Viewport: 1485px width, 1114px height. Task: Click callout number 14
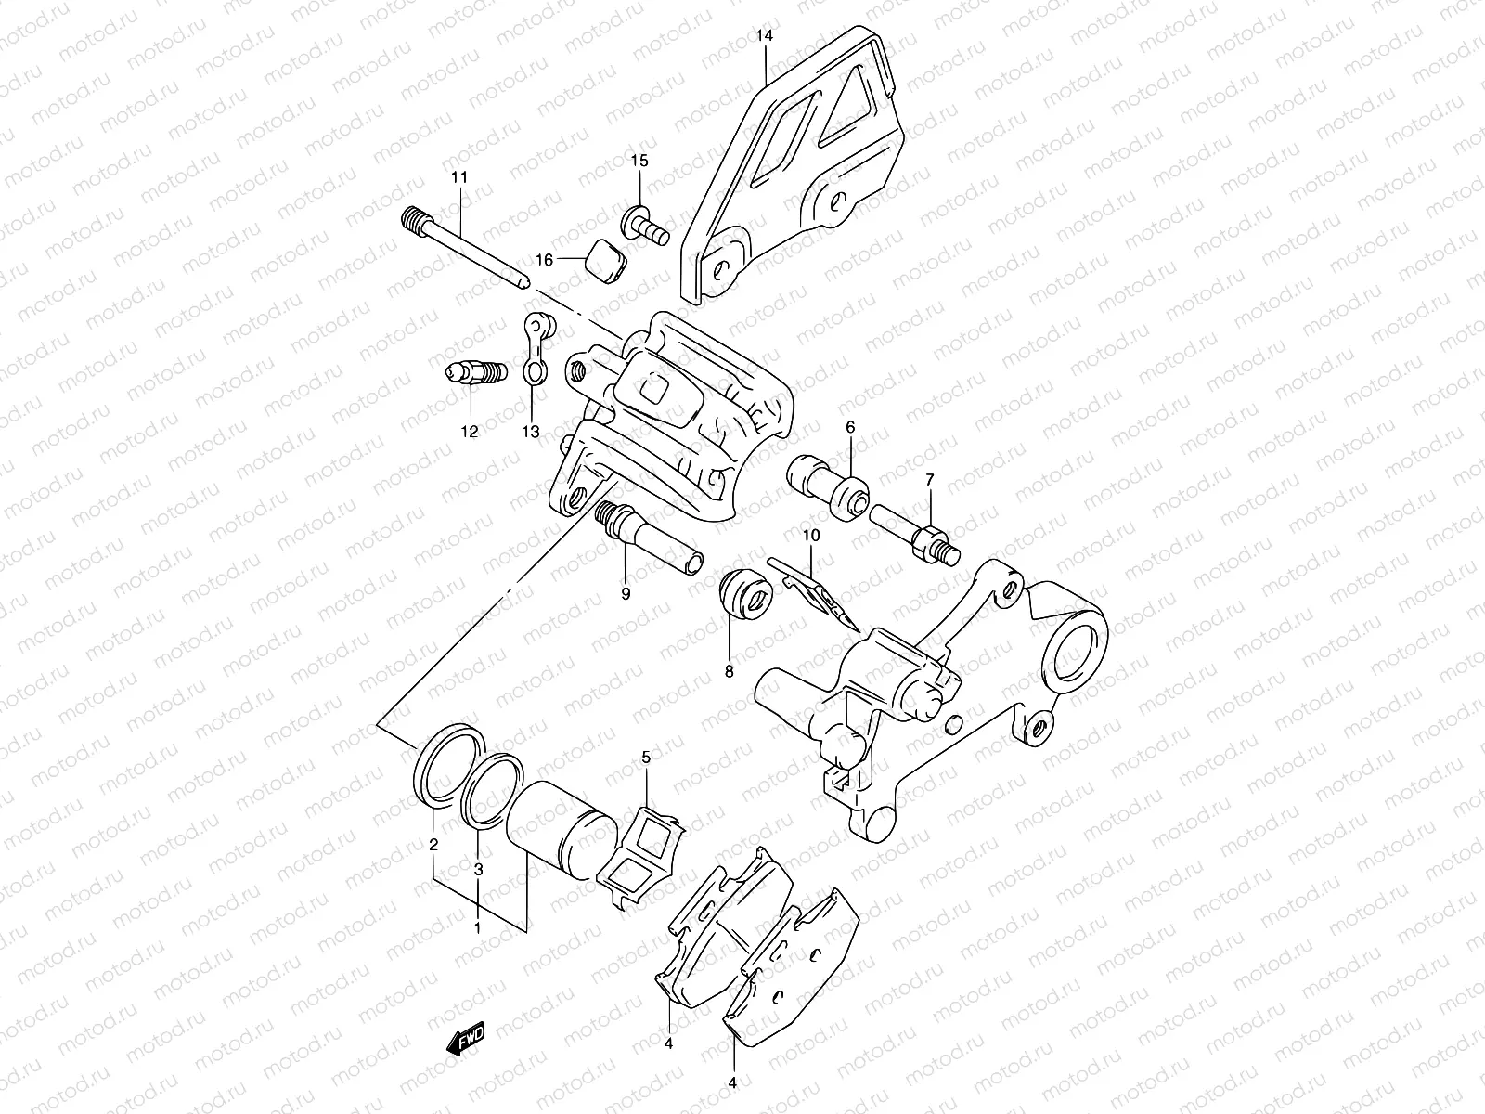point(763,37)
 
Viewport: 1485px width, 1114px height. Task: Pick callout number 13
point(530,431)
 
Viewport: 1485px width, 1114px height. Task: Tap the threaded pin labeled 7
point(914,538)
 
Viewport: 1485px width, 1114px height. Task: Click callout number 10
point(811,536)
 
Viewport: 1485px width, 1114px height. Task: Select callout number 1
point(478,927)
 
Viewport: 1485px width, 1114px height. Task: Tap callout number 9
point(625,592)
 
